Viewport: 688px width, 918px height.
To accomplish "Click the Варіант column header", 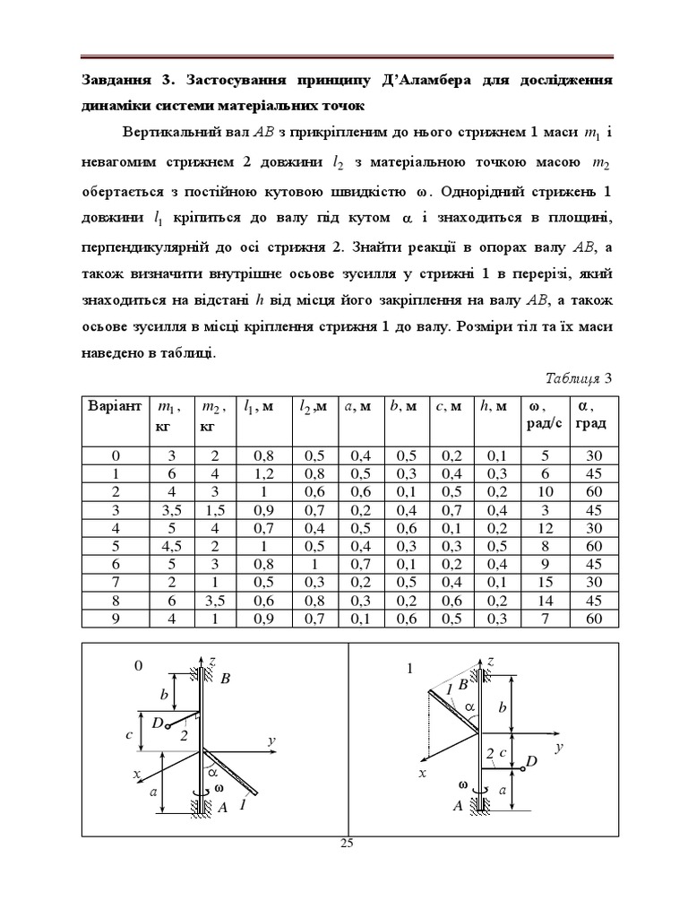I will tap(114, 406).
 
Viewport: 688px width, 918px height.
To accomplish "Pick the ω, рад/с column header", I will tap(543, 415).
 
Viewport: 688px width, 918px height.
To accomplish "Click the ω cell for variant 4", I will tap(543, 528).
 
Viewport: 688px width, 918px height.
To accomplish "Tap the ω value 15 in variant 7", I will tap(543, 584).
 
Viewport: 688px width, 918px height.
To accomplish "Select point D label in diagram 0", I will tap(157, 723).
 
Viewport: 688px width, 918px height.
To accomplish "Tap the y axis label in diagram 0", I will tap(270, 740).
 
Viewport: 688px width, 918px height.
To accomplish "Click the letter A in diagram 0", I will tap(223, 808).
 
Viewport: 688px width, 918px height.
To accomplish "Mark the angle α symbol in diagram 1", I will tap(469, 708).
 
